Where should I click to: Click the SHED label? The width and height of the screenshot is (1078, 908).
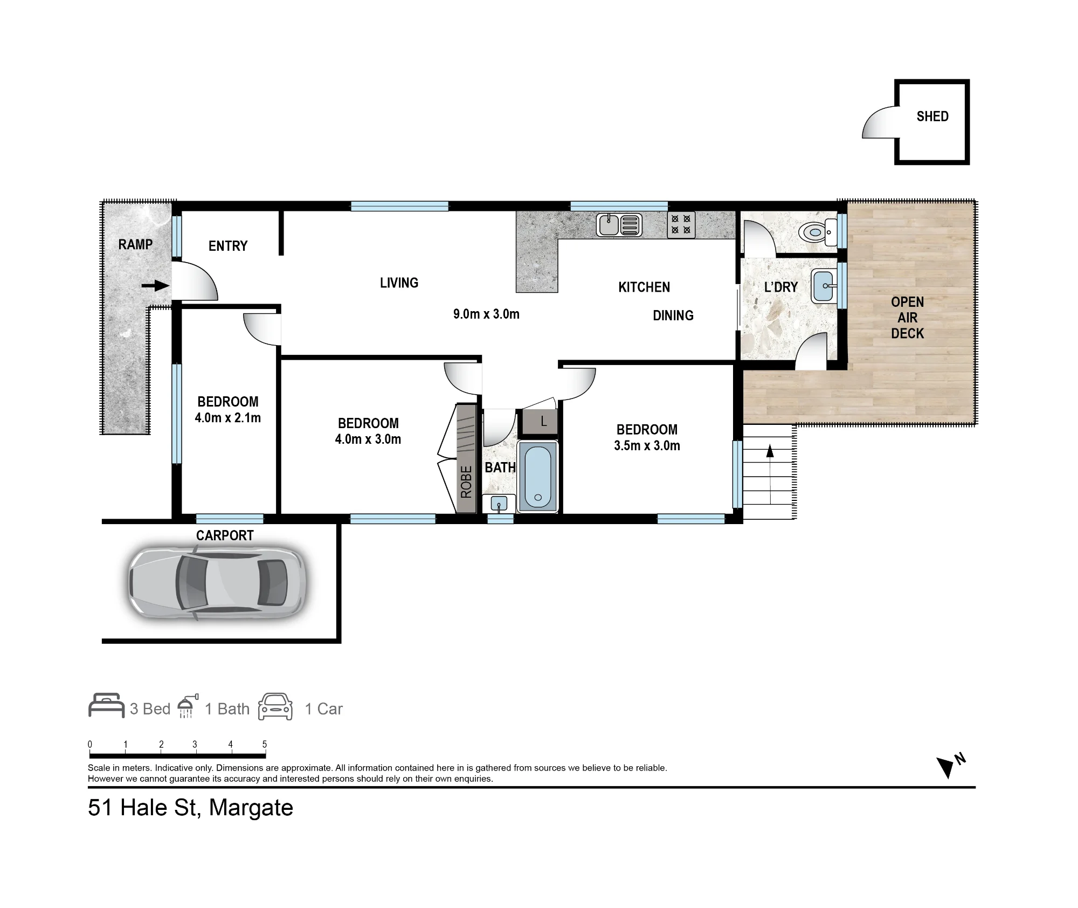(x=932, y=116)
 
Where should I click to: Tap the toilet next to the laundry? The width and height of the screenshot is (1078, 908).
(x=818, y=232)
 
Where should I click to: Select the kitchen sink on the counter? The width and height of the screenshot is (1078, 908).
(x=619, y=225)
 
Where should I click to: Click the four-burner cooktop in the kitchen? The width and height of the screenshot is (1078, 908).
(x=681, y=225)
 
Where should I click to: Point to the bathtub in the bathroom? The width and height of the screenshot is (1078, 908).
(x=537, y=476)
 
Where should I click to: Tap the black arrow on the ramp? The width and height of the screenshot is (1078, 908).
(x=156, y=285)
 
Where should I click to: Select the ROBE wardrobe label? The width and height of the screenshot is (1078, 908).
(x=466, y=481)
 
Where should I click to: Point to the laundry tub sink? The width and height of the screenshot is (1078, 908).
(x=825, y=285)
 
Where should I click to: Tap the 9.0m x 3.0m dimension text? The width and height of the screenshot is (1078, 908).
(x=486, y=314)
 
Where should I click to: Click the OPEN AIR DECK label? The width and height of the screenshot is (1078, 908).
(x=908, y=318)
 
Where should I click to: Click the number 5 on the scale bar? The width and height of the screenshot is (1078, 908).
(x=265, y=744)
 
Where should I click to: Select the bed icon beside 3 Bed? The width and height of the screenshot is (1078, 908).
(x=106, y=706)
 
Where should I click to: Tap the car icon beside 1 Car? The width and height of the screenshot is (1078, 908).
(x=275, y=707)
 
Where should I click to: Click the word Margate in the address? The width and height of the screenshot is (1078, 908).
(x=251, y=808)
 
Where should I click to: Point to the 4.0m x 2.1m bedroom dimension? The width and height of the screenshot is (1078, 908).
(x=228, y=418)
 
